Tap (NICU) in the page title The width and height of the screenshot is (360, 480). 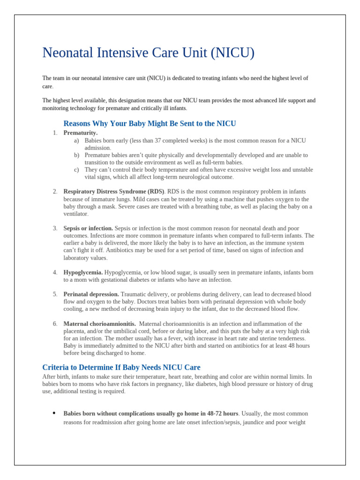(x=232, y=53)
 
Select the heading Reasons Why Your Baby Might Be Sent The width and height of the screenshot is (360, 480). (x=150, y=124)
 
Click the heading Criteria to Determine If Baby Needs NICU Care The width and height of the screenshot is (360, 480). (x=121, y=367)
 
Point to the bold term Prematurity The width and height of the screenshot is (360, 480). (x=81, y=133)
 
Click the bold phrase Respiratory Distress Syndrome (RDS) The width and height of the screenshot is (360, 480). (x=114, y=192)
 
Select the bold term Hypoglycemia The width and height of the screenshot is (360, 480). (x=83, y=272)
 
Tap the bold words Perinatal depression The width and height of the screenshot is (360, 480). (x=91, y=294)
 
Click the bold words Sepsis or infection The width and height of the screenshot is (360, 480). (x=88, y=228)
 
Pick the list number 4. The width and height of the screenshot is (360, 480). (x=55, y=272)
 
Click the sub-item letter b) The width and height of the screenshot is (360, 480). (x=76, y=155)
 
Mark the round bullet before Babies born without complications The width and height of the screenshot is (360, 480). (x=54, y=413)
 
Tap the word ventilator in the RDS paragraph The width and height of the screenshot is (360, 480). (x=75, y=214)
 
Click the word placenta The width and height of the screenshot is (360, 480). (x=75, y=331)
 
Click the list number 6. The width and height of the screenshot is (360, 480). (x=55, y=324)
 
